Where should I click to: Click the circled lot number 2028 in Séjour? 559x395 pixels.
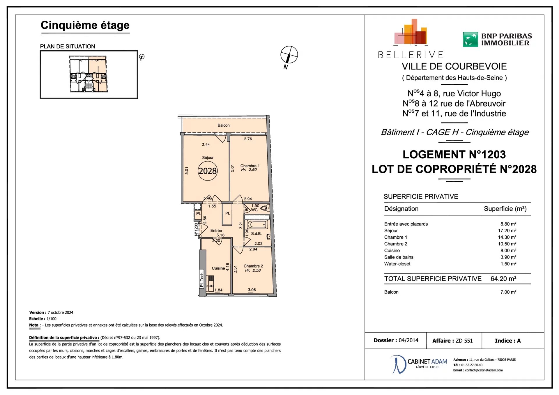tap(208, 171)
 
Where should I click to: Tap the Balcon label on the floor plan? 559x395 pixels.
tap(224, 125)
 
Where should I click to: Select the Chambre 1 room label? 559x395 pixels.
tap(250, 166)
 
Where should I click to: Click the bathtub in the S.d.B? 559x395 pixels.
tap(257, 224)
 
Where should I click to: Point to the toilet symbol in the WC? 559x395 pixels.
tap(265, 208)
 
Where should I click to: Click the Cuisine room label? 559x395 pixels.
tap(218, 268)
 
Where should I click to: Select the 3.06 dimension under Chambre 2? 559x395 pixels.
tap(252, 290)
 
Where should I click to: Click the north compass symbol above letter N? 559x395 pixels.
tap(289, 54)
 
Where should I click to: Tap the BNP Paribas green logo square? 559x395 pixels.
tap(470, 40)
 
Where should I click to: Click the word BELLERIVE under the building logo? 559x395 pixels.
tap(411, 55)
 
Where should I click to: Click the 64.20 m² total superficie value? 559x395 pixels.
tap(503, 279)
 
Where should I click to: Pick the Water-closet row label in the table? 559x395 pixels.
tap(397, 264)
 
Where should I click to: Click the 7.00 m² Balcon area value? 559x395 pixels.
tap(508, 292)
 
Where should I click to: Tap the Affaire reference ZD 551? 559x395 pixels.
tap(464, 341)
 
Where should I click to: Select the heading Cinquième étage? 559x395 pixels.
tap(85, 25)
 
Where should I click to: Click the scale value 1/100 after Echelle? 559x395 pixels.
tap(52, 319)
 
